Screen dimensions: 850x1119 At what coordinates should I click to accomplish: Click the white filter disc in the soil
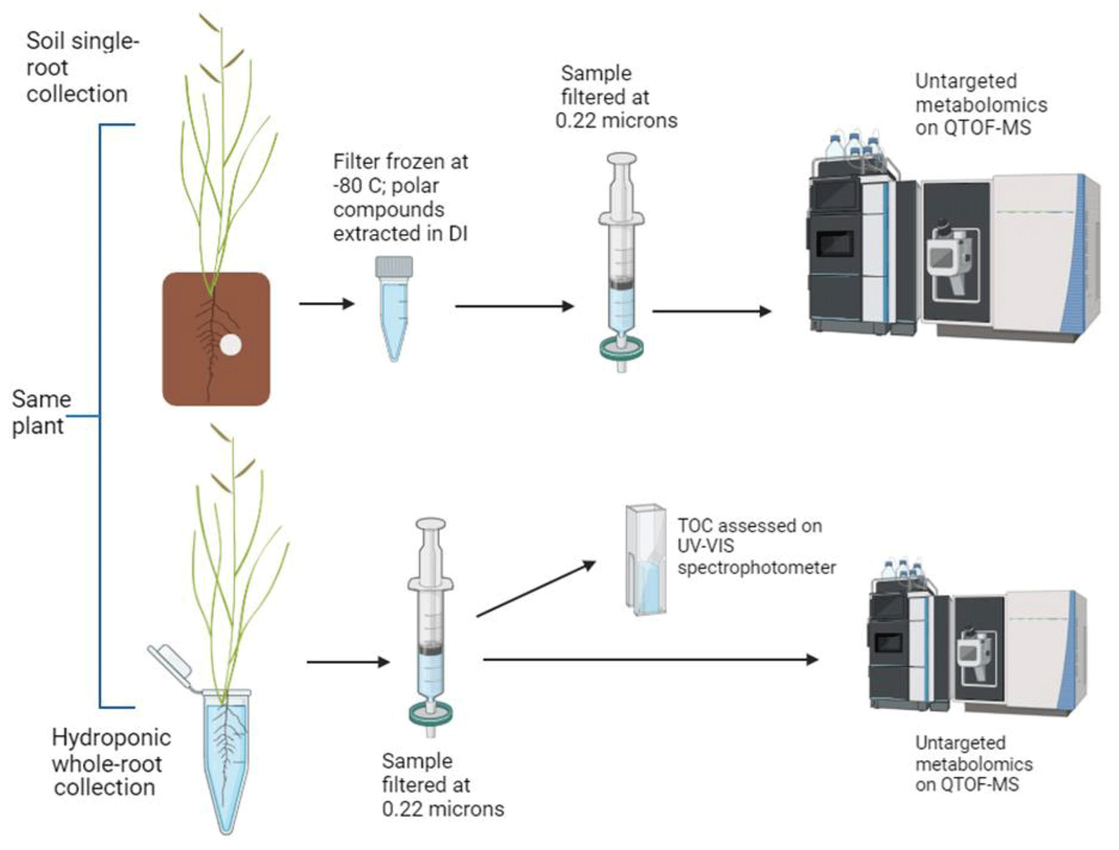[x=231, y=345]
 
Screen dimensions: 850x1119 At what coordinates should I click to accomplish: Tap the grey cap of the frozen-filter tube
[x=394, y=266]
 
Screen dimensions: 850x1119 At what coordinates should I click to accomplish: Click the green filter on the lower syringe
[x=431, y=714]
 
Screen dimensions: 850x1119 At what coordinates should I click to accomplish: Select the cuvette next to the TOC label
[x=645, y=560]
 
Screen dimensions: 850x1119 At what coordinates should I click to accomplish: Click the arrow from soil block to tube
[x=326, y=304]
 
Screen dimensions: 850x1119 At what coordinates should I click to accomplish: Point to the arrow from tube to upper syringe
[x=514, y=306]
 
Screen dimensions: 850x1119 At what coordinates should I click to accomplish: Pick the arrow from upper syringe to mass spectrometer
[x=711, y=311]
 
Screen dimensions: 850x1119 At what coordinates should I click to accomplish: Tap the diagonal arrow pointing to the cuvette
[x=535, y=589]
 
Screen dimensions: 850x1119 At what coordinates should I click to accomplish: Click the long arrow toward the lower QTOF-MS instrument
[x=650, y=659]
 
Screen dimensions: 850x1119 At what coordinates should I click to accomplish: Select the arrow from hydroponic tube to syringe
[x=348, y=662]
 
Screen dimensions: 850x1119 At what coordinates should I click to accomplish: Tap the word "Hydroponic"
[x=111, y=737]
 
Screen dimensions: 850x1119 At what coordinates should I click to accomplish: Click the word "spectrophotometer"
[x=756, y=567]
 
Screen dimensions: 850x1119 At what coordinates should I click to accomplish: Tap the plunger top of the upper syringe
[x=621, y=159]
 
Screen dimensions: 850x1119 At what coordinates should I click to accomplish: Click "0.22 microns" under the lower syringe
[x=443, y=809]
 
